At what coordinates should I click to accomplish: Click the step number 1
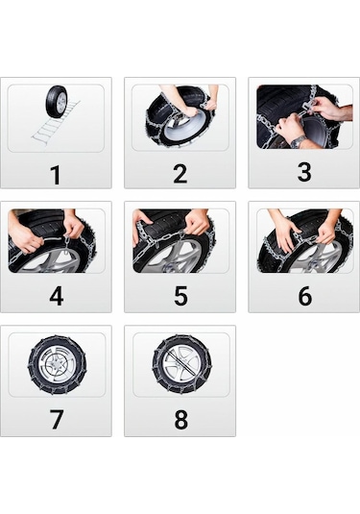pyautogui.click(x=56, y=174)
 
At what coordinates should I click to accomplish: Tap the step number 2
pyautogui.click(x=180, y=174)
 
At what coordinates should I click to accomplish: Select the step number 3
pyautogui.click(x=304, y=174)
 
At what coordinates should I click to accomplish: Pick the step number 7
pyautogui.click(x=56, y=420)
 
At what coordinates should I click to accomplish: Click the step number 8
pyautogui.click(x=180, y=420)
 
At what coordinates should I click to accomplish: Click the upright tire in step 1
pyautogui.click(x=57, y=101)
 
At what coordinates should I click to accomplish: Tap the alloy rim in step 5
pyautogui.click(x=178, y=257)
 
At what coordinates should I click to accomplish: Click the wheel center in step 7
pyautogui.click(x=56, y=365)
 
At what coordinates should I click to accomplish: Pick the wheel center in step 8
pyautogui.click(x=180, y=365)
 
